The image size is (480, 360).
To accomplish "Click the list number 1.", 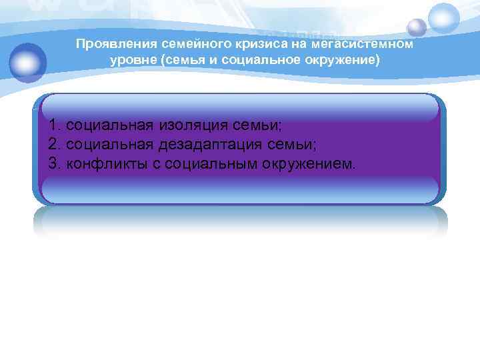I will tap(54, 125).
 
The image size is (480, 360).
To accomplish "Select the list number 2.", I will tap(54, 144).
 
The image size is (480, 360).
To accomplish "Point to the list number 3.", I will tap(54, 163).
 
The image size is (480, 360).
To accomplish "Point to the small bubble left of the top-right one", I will tap(417, 27).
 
